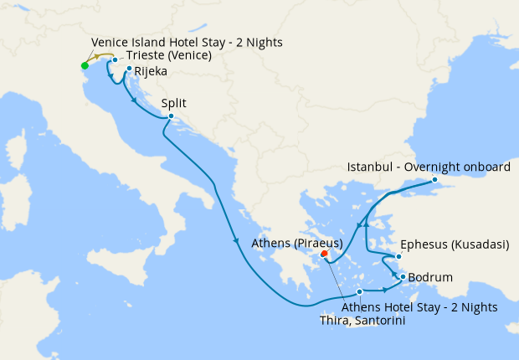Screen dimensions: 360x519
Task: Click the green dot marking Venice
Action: point(85,65)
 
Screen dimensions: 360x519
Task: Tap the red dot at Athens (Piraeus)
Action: point(324,254)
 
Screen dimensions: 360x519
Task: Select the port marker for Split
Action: point(171,116)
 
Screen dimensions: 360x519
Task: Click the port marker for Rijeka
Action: point(129,69)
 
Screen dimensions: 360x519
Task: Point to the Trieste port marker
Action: point(115,60)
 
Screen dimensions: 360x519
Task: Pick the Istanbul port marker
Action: point(434,180)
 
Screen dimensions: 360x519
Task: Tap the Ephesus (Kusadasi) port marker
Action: point(398,256)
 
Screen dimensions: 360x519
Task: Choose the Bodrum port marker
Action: point(403,277)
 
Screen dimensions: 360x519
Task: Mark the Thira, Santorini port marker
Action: point(359,291)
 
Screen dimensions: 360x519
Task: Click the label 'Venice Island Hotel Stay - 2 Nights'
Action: point(186,42)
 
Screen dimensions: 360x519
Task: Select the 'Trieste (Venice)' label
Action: point(168,56)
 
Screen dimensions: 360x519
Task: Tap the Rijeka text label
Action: point(150,72)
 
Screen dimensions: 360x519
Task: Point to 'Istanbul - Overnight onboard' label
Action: point(429,167)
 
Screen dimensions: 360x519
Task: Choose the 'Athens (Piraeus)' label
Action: point(297,244)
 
